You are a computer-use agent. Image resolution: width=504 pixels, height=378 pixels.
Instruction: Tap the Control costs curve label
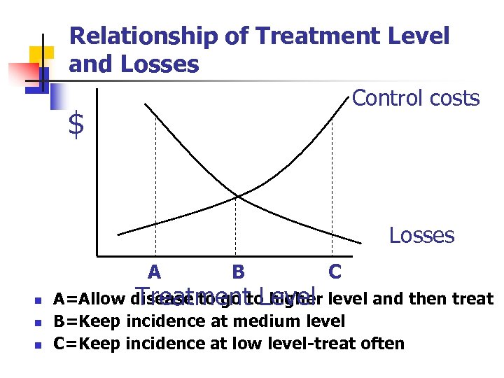[x=416, y=98]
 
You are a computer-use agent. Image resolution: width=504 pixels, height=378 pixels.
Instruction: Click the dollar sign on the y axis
[x=76, y=125]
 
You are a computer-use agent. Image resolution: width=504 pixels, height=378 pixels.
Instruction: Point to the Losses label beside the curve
[x=421, y=235]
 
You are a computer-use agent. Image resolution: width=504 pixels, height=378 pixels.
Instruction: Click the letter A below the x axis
[x=155, y=272]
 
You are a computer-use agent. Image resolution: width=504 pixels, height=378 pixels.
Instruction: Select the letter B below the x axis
[x=238, y=272]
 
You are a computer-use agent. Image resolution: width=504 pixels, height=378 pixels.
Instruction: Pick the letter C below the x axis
[x=335, y=272]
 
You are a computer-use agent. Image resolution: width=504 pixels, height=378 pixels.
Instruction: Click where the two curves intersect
[x=237, y=196]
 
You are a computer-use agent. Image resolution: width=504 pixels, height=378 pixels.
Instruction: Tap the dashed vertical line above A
[x=155, y=182]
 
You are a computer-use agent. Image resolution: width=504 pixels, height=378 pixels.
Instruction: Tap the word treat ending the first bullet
[x=472, y=300]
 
